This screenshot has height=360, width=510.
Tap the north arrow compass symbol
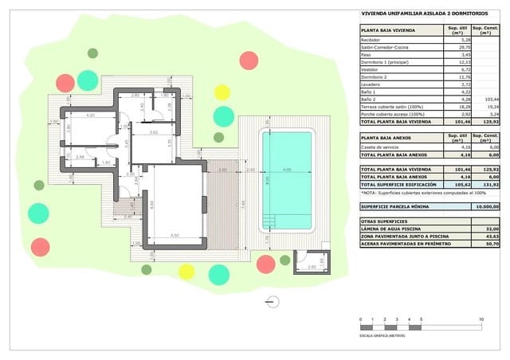pyautogui.click(x=273, y=302)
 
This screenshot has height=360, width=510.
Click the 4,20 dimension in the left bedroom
pyautogui.click(x=91, y=115)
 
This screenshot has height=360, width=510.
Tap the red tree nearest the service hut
pyautogui.click(x=266, y=264)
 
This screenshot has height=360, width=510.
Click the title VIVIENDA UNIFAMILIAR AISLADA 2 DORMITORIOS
pyautogui.click(x=414, y=13)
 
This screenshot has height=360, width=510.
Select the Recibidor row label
pyautogui.click(x=371, y=39)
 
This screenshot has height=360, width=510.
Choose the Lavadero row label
pyautogui.click(x=371, y=84)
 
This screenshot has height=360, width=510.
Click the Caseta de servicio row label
pyautogui.click(x=381, y=146)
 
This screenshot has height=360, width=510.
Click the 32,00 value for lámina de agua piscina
pyautogui.click(x=491, y=229)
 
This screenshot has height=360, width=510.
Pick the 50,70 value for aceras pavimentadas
pyautogui.click(x=491, y=244)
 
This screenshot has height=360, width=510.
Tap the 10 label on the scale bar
pyautogui.click(x=481, y=319)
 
